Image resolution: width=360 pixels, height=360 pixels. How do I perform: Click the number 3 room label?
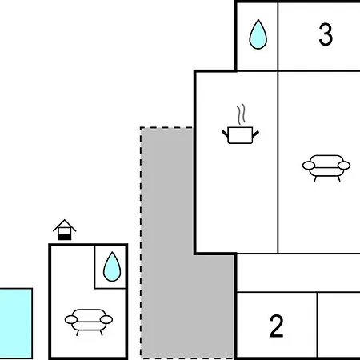click(326, 34)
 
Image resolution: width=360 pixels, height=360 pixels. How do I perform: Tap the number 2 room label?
click(276, 326)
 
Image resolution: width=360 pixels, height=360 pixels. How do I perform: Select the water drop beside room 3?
click(258, 34)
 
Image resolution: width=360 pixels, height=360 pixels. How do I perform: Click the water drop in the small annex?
click(112, 266)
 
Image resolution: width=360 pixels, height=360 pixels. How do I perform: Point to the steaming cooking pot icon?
click(240, 124)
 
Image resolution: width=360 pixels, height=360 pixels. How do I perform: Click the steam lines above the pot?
click(241, 114)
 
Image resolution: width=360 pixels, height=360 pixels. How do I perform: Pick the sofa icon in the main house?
click(326, 168)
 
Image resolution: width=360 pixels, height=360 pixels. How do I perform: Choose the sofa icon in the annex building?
click(89, 322)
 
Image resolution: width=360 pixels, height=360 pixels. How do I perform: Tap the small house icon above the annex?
click(65, 230)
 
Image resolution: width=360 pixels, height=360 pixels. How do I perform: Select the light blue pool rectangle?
click(16, 323)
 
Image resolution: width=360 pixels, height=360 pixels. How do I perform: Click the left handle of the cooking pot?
click(225, 134)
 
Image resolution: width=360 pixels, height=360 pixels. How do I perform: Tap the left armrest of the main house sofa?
click(309, 166)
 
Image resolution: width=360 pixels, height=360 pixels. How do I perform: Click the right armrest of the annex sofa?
click(106, 319)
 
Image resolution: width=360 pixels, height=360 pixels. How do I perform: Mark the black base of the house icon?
click(65, 237)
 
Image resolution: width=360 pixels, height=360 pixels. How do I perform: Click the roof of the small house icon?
click(65, 226)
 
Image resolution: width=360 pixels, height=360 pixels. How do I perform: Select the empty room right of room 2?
click(338, 325)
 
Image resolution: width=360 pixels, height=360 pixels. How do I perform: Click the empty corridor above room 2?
click(298, 273)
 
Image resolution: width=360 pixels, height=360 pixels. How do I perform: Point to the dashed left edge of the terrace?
click(141, 242)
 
